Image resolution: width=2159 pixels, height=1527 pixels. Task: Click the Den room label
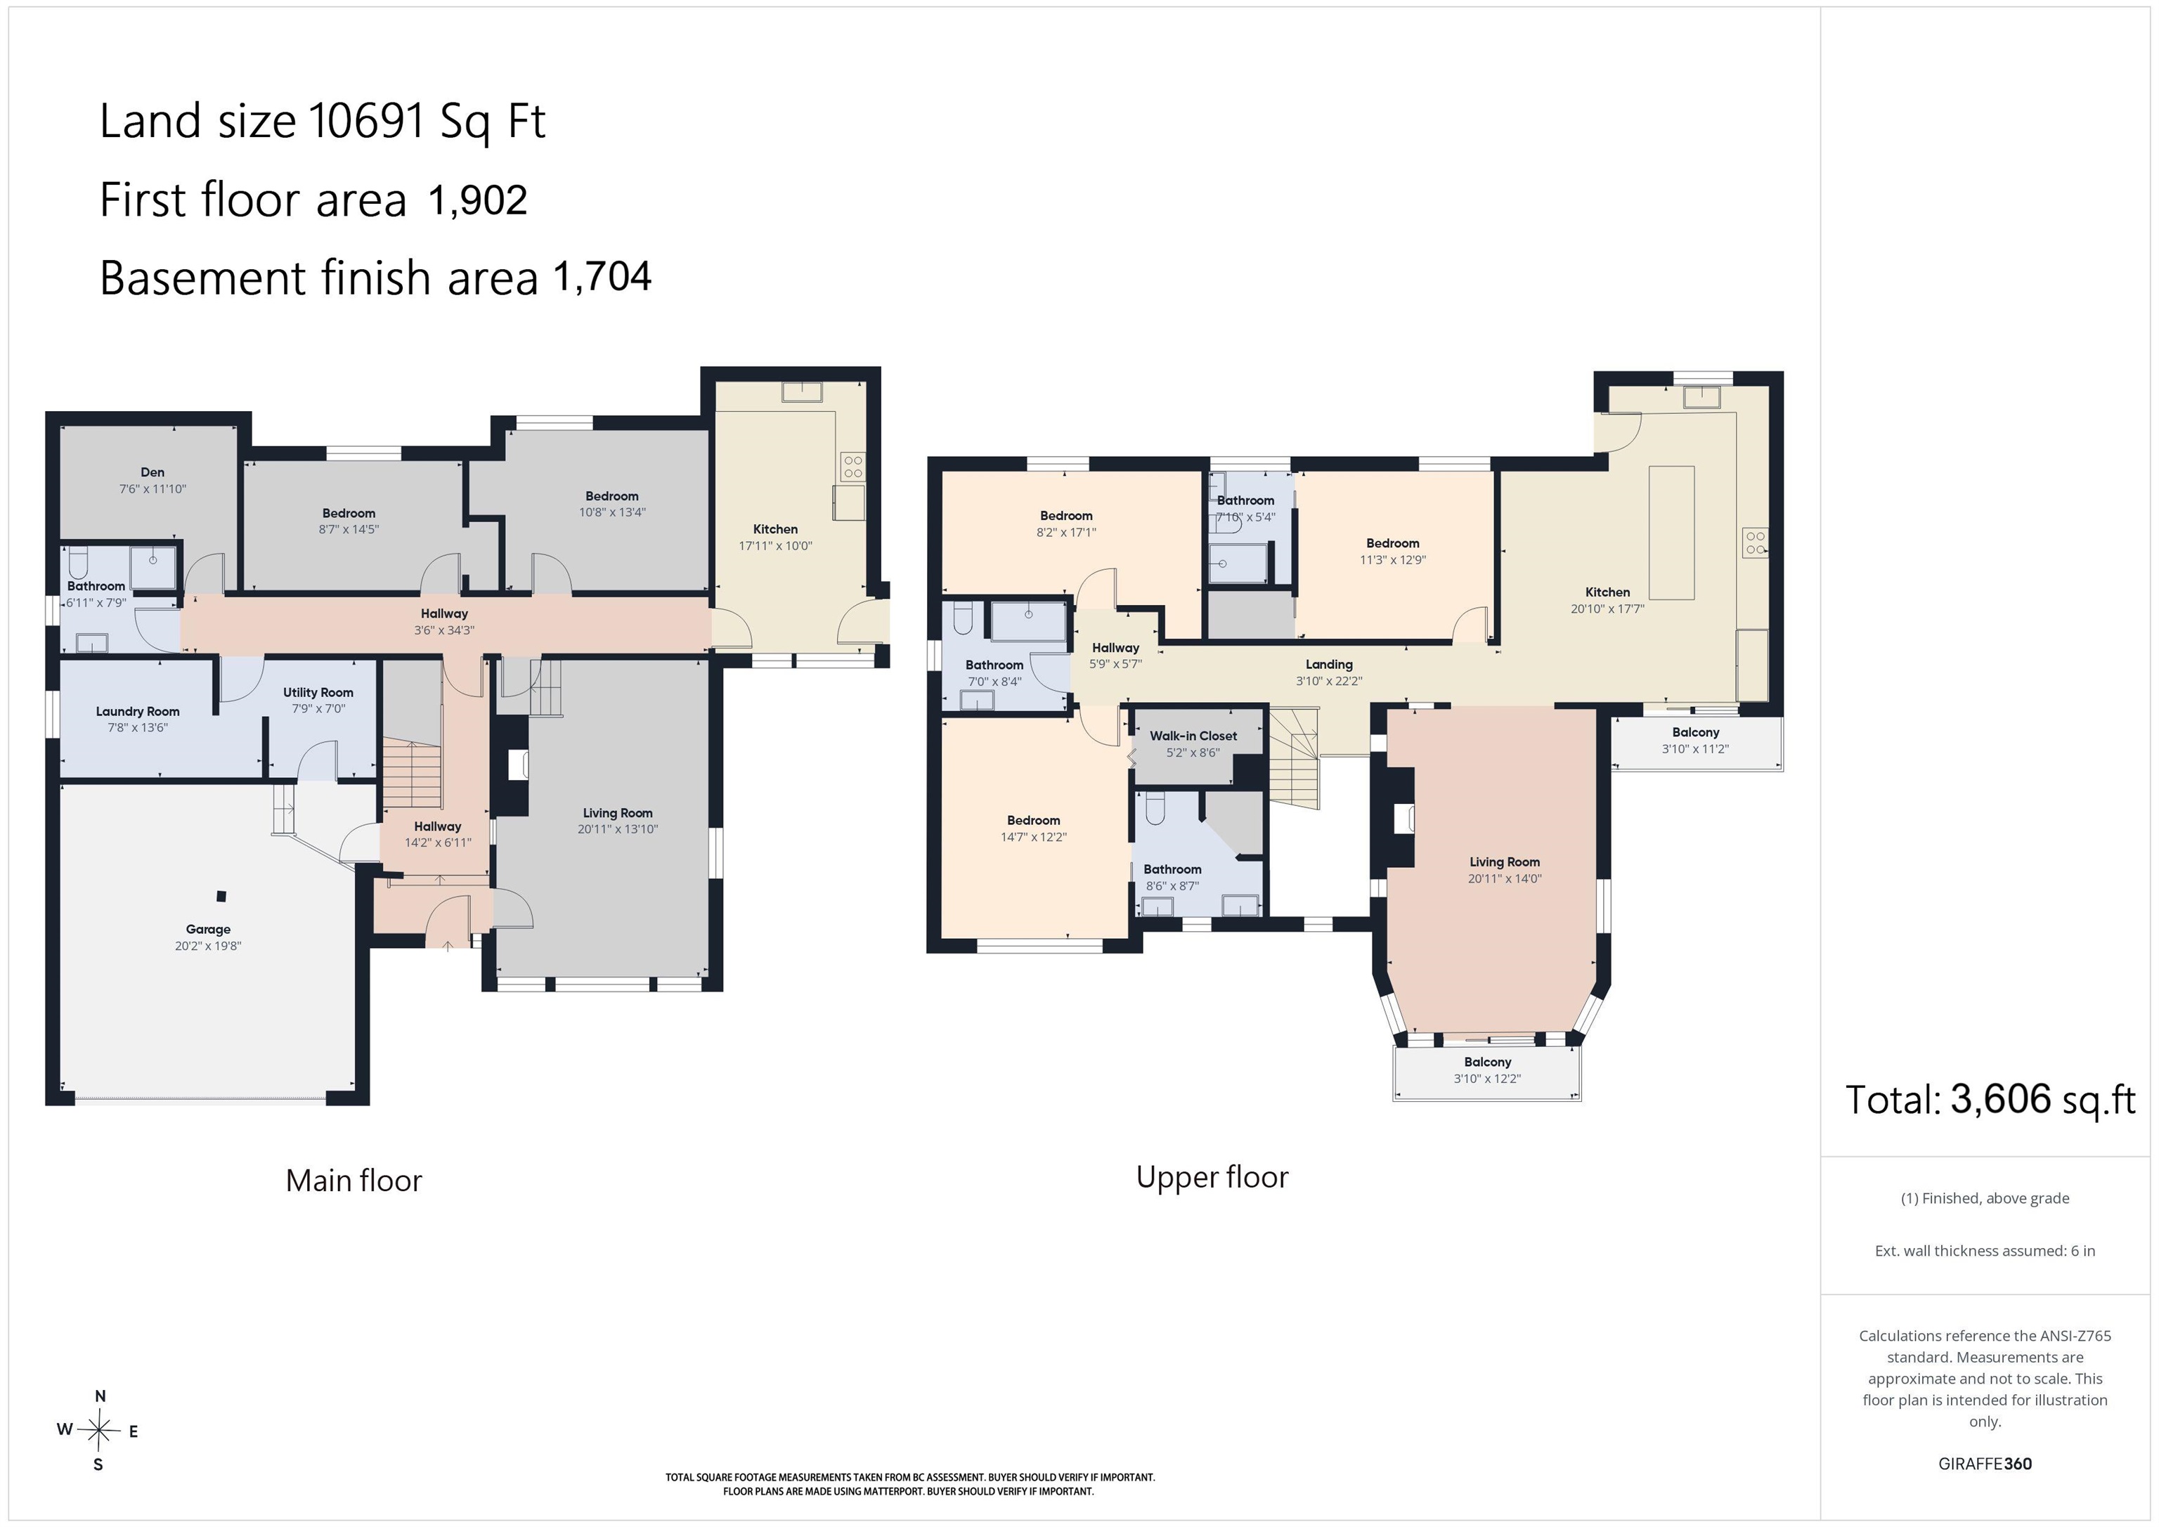pos(153,472)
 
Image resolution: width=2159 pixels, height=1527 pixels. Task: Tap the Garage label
pos(208,929)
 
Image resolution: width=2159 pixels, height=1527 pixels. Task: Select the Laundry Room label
pos(137,712)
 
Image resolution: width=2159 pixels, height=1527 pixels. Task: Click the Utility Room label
pos(318,692)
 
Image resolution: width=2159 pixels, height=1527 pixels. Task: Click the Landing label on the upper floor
pos(1329,665)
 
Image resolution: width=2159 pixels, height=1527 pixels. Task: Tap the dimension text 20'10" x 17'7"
pos(1607,609)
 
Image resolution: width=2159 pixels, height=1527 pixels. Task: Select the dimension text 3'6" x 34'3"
pos(444,630)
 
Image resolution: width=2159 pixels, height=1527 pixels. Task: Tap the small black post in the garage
pos(221,896)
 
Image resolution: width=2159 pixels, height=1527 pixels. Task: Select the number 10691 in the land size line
pos(368,122)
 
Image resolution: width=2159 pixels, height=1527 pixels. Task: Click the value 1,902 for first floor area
pos(478,200)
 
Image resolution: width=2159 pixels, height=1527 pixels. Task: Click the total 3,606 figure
pos(2000,1099)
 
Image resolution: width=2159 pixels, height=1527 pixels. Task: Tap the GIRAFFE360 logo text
pos(1985,1464)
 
